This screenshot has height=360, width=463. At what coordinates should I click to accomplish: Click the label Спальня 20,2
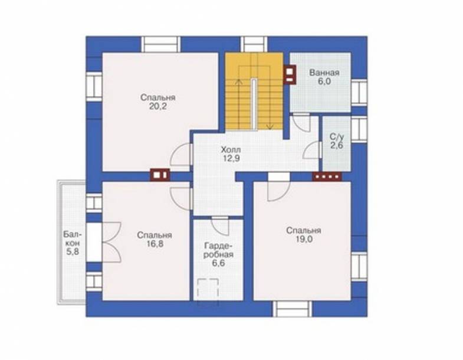[157, 102]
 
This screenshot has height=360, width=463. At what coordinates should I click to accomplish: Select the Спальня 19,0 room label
[304, 235]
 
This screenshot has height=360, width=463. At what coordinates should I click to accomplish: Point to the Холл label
[231, 150]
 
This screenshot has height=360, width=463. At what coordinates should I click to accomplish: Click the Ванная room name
[324, 73]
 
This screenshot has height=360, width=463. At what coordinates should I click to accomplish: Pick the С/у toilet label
[337, 137]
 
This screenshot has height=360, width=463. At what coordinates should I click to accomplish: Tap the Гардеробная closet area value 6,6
[218, 263]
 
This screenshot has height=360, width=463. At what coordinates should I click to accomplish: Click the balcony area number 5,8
[73, 252]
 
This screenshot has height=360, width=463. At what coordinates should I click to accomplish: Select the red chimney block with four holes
[327, 176]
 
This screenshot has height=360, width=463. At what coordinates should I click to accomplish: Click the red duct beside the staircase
[290, 74]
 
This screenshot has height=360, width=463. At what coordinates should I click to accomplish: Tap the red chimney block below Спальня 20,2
[160, 174]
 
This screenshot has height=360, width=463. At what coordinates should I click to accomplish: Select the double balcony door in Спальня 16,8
[111, 242]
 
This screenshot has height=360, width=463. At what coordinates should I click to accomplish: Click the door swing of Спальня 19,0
[279, 191]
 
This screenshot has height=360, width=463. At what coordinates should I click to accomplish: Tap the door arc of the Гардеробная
[220, 227]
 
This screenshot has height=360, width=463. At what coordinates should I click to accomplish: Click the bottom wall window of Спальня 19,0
[293, 309]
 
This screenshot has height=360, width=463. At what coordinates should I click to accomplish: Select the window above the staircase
[254, 44]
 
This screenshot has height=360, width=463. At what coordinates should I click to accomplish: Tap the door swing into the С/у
[312, 150]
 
